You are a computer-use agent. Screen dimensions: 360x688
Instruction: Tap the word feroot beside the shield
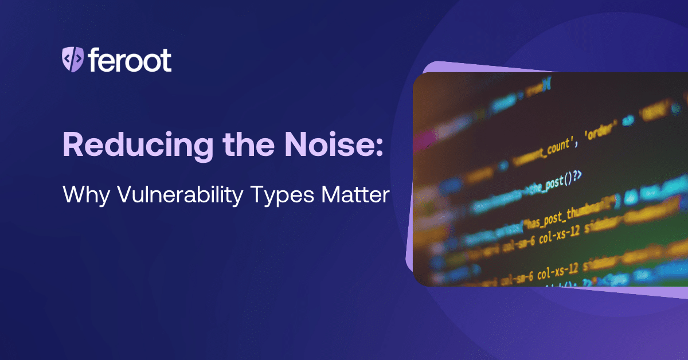pos(130,59)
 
